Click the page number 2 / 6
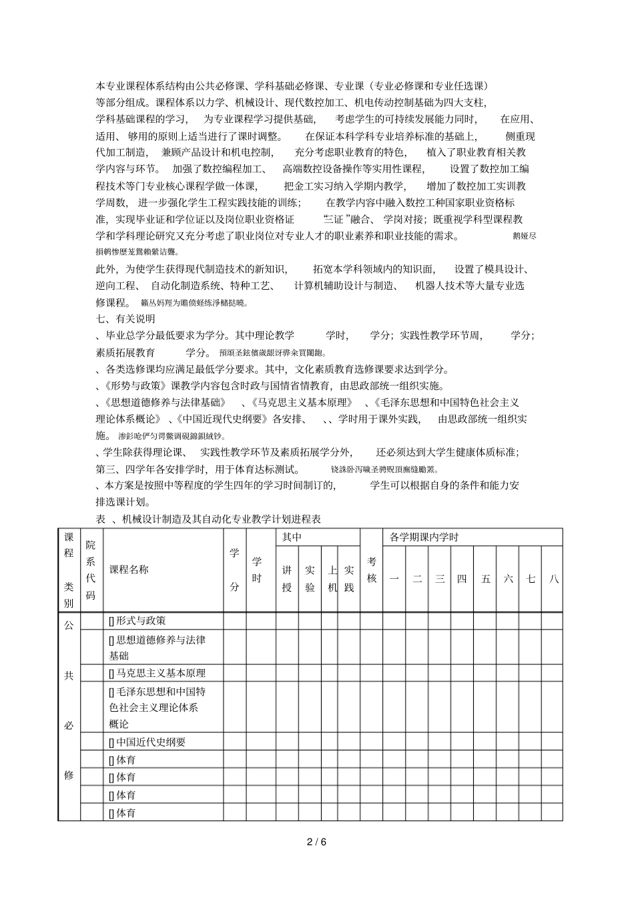point(317,842)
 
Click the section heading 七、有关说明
point(125,319)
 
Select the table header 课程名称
point(129,570)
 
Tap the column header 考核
point(372,570)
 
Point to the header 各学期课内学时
point(424,537)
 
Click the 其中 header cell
point(292,537)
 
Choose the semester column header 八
point(553,579)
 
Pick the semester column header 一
point(394,579)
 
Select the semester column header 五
point(485,579)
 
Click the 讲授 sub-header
point(287,579)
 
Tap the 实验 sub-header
point(310,579)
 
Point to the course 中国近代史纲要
point(147,742)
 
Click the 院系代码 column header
point(91,570)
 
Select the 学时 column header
point(257,570)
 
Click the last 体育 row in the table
point(123,813)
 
